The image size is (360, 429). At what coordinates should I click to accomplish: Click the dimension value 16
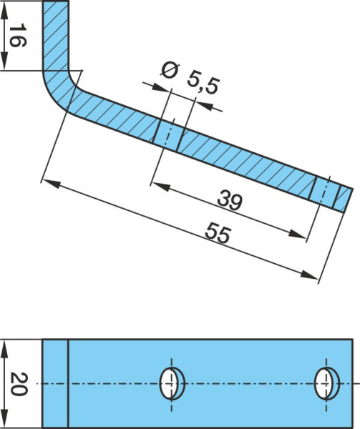(18, 35)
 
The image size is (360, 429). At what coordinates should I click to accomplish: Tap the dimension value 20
(19, 383)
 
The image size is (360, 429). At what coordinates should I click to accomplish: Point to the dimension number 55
(218, 232)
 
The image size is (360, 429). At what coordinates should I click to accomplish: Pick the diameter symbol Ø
(170, 71)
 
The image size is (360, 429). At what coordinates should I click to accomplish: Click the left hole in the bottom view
(172, 383)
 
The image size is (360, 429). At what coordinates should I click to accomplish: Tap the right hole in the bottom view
(326, 383)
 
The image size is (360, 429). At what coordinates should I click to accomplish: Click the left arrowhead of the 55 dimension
(52, 184)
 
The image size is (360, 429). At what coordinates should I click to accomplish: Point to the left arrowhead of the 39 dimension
(160, 187)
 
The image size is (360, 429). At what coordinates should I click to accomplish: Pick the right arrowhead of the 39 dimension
(297, 234)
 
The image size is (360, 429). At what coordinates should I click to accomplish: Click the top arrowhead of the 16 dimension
(4, 11)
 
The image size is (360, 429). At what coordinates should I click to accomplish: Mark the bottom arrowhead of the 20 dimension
(4, 418)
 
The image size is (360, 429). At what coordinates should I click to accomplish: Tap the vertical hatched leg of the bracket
(56, 36)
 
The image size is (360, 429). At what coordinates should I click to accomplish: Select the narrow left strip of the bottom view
(55, 383)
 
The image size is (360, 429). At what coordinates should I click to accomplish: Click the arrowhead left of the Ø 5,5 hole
(160, 87)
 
